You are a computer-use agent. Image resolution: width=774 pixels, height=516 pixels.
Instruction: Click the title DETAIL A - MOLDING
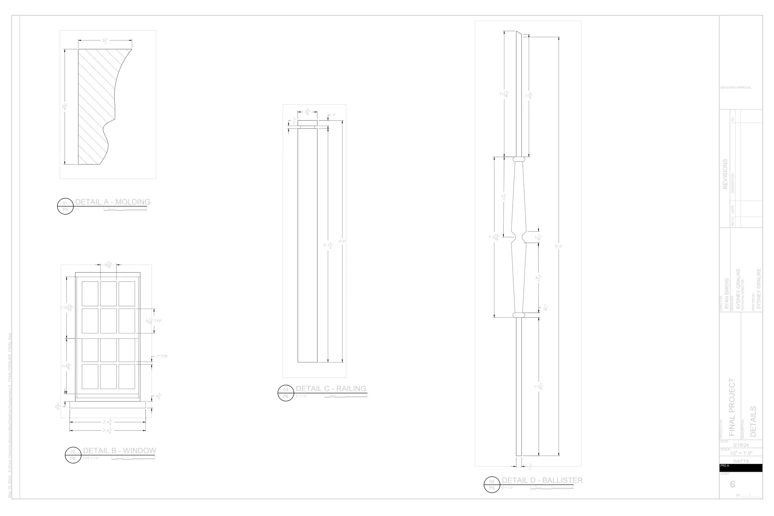click(113, 202)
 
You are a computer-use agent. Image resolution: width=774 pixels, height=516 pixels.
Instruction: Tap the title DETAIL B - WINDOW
click(120, 450)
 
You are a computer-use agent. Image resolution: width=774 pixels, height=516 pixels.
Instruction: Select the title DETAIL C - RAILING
click(331, 389)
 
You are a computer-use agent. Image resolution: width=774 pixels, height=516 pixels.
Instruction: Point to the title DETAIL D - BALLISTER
click(542, 480)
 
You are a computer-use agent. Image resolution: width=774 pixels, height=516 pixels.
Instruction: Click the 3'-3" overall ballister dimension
click(559, 246)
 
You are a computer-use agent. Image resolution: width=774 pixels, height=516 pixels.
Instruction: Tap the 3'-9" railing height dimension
click(342, 241)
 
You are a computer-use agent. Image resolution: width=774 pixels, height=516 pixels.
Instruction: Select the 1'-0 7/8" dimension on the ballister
click(538, 387)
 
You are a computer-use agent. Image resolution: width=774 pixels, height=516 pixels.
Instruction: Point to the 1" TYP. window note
click(162, 356)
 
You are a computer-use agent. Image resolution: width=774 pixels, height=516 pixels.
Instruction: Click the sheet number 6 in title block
click(733, 484)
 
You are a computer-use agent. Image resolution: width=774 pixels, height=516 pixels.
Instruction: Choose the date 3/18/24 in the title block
click(741, 445)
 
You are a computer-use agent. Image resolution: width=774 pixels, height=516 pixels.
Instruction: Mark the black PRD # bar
click(741, 468)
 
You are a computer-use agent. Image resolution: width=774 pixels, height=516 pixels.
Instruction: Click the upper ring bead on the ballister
click(519, 159)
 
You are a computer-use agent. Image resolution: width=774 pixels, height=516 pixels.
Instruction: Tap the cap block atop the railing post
click(307, 123)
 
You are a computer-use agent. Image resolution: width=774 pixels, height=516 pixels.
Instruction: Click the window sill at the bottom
click(108, 405)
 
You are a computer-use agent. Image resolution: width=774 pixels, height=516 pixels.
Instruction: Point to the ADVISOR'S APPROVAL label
click(736, 88)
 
